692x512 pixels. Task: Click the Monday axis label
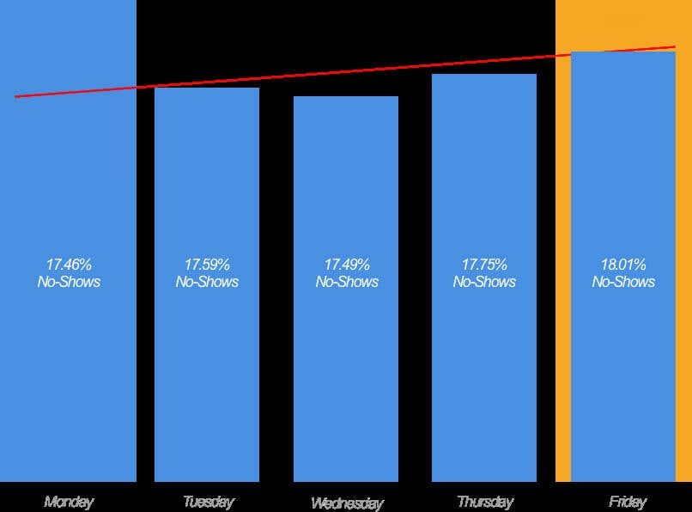(x=69, y=502)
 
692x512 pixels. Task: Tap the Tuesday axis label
(x=208, y=502)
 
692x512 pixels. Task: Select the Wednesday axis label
(x=347, y=503)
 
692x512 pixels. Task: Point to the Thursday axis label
(x=485, y=502)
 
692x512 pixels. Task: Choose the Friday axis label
(x=627, y=502)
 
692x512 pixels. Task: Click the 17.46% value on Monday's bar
(x=69, y=265)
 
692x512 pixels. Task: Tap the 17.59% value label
(x=207, y=265)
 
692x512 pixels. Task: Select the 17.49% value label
(x=347, y=265)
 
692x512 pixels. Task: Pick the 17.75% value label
(x=485, y=265)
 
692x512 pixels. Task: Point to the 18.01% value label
(x=623, y=265)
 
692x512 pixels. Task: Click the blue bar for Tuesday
(x=207, y=378)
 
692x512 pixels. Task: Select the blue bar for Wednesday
(x=346, y=378)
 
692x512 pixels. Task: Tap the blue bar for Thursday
(x=484, y=378)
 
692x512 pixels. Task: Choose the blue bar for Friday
(x=623, y=378)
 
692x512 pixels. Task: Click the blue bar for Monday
(x=69, y=378)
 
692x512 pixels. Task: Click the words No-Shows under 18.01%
(x=623, y=282)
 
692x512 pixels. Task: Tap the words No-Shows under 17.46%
(x=69, y=282)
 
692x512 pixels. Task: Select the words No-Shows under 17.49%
(x=347, y=282)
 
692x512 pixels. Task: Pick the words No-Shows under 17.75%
(x=485, y=282)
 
